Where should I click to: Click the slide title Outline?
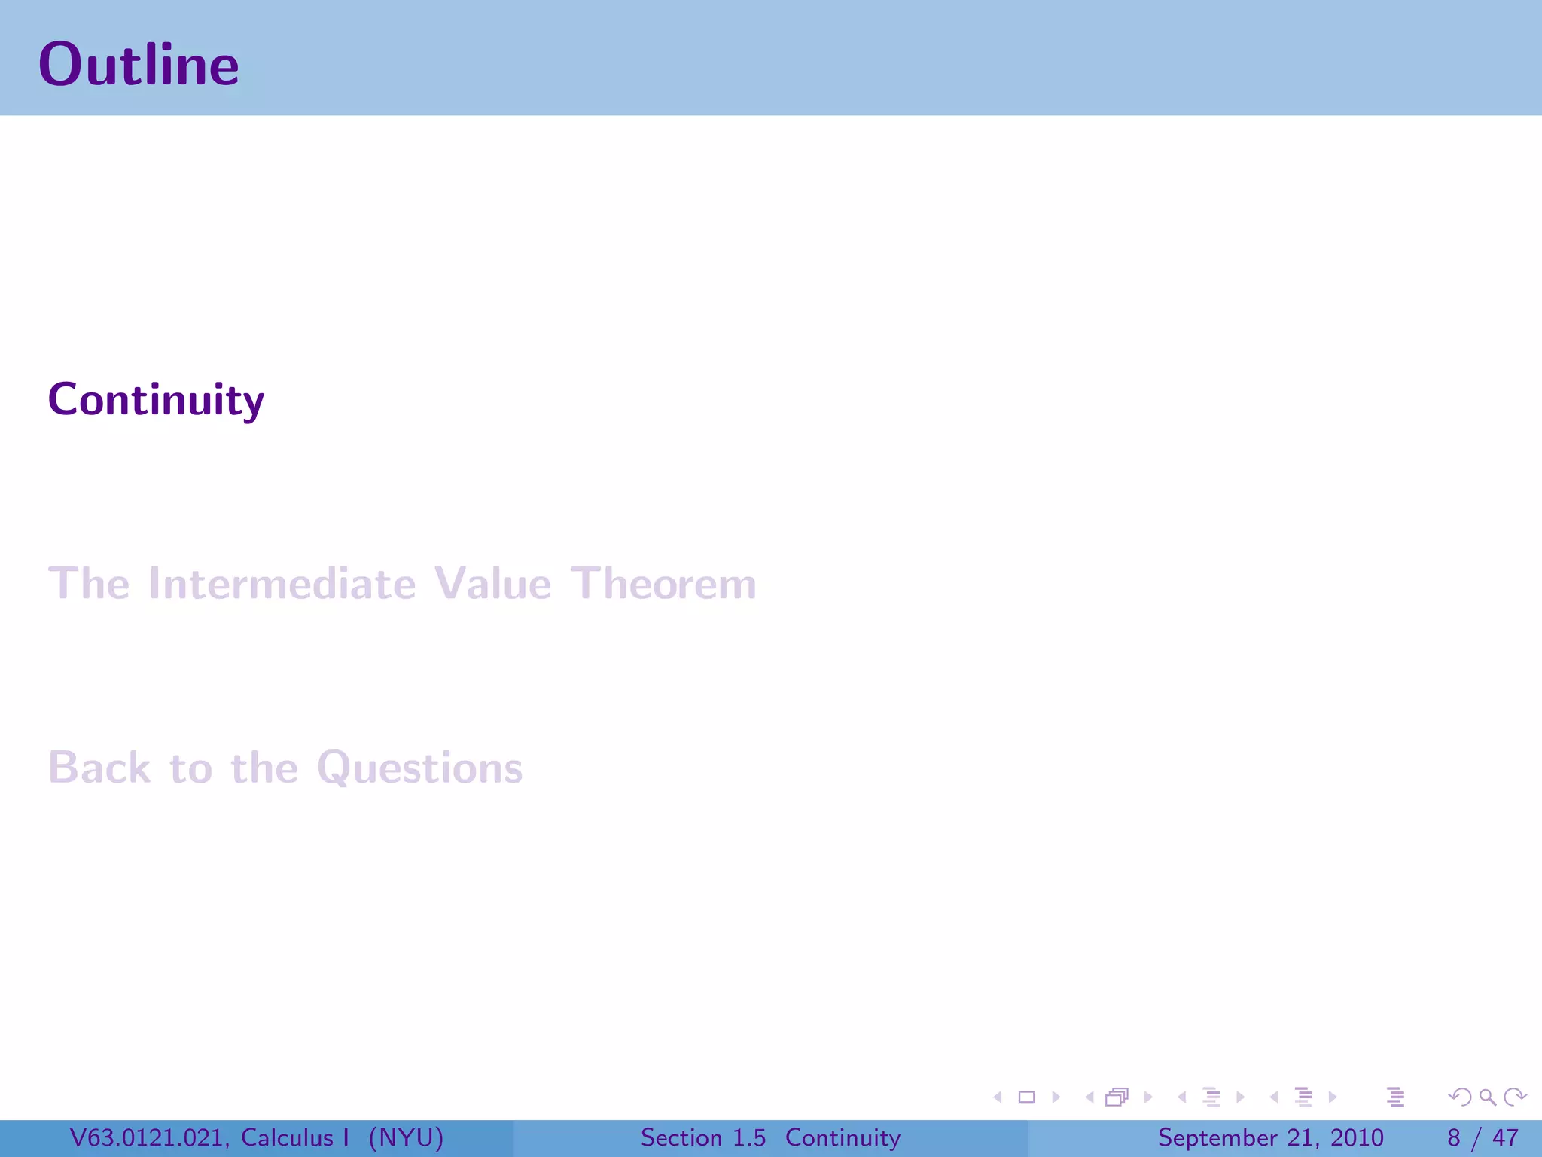point(139,65)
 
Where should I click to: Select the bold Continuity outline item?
point(156,399)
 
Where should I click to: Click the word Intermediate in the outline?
point(282,584)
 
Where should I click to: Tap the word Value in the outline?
point(492,584)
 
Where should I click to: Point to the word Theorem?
point(663,584)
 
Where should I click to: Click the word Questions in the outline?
point(419,768)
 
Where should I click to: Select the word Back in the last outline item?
point(99,768)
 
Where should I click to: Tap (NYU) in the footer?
point(406,1137)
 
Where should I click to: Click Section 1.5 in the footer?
point(702,1137)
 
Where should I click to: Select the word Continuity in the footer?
point(843,1137)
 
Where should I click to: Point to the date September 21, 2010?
point(1270,1137)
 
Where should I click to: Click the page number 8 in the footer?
point(1454,1137)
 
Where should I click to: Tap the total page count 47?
point(1505,1137)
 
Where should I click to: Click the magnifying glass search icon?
point(1487,1097)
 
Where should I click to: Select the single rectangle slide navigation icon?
point(1026,1097)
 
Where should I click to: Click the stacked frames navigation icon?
point(1117,1097)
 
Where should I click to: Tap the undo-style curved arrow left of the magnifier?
point(1460,1097)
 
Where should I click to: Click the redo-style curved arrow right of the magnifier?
point(1515,1097)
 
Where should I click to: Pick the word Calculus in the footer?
point(287,1137)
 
